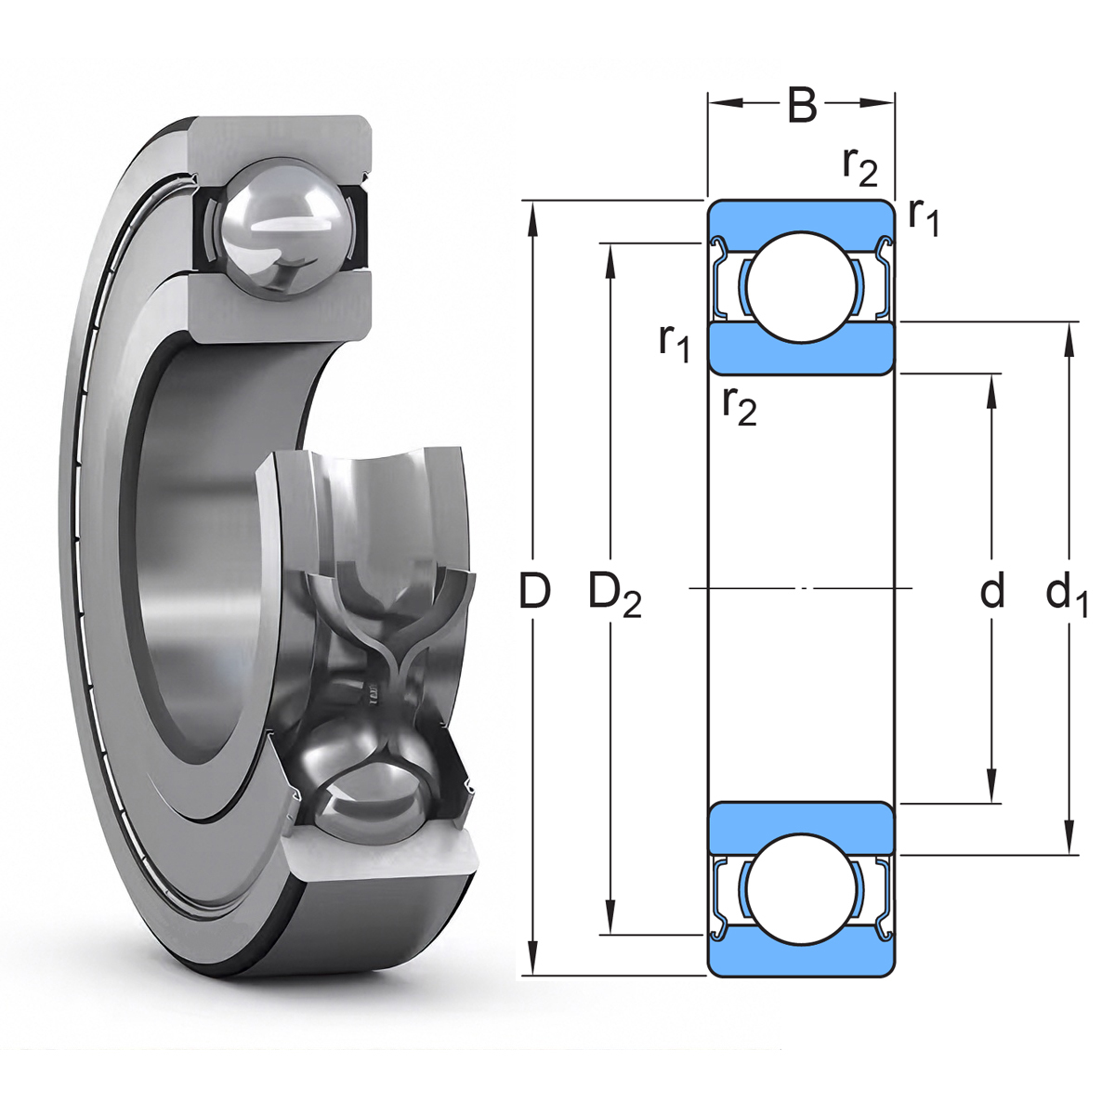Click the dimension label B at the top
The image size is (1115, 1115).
pyautogui.click(x=802, y=105)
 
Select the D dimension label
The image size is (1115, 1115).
pyautogui.click(x=533, y=590)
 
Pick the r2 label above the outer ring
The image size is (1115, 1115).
pyautogui.click(x=860, y=169)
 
